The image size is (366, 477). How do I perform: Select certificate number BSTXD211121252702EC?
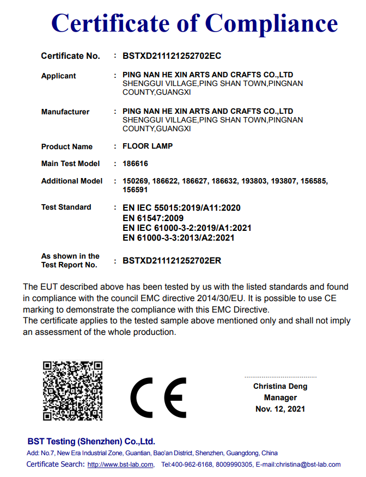pyautogui.click(x=172, y=56)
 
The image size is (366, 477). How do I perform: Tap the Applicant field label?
pyautogui.click(x=59, y=76)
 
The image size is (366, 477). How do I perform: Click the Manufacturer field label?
pyautogui.click(x=65, y=112)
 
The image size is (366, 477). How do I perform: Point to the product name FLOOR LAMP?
pyautogui.click(x=148, y=146)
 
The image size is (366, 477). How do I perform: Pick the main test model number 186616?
pyautogui.click(x=136, y=163)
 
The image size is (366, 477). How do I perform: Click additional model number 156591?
pyautogui.click(x=136, y=190)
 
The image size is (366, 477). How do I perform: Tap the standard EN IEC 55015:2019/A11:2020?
pyautogui.click(x=182, y=208)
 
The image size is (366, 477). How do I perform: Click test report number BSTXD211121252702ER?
pyautogui.click(x=172, y=261)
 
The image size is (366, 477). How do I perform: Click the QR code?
pyautogui.click(x=73, y=390)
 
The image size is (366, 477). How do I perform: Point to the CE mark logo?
pyautogui.click(x=158, y=397)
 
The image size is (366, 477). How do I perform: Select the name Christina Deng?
pyautogui.click(x=280, y=386)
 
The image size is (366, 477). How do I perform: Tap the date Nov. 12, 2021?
pyautogui.click(x=280, y=409)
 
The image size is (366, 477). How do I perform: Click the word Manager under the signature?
pyautogui.click(x=280, y=397)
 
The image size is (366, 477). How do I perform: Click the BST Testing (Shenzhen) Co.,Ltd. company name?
pyautogui.click(x=91, y=441)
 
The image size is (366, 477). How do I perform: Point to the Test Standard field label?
pyautogui.click(x=66, y=207)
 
